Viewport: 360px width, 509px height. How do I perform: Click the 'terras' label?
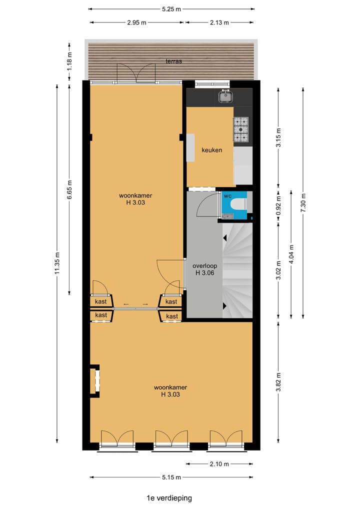pos(173,61)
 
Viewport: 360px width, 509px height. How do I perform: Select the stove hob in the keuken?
pos(240,129)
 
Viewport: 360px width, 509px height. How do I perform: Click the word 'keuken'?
pos(211,150)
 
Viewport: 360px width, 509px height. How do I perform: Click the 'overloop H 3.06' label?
pos(204,269)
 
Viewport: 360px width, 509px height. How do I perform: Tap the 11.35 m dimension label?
pos(57,262)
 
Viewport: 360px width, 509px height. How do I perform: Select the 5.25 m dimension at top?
pos(171,9)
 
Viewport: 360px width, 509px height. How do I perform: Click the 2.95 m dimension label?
pos(136,22)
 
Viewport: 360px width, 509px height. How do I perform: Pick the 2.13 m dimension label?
pos(218,22)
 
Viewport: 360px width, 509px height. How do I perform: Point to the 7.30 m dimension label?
pos(302,202)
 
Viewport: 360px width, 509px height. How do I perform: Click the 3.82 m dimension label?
pos(278,382)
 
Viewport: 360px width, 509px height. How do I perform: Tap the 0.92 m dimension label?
pos(278,204)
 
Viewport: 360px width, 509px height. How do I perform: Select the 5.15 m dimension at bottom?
pos(171,477)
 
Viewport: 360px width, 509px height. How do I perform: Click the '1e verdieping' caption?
pos(169,498)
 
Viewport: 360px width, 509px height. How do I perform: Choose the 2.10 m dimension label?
pos(218,464)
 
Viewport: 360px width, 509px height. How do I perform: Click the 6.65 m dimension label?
pos(69,190)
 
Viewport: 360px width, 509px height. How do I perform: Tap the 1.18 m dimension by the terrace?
pos(69,61)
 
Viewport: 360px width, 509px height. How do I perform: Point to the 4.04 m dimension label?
pos(290,253)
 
